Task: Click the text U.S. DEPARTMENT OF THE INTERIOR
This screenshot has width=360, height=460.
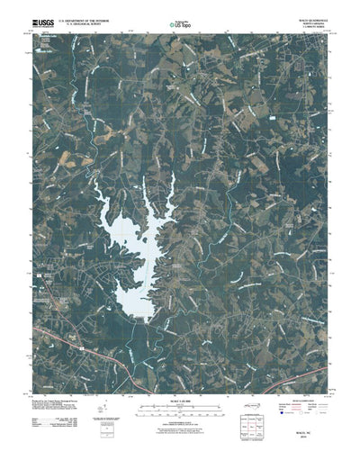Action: point(93,14)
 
